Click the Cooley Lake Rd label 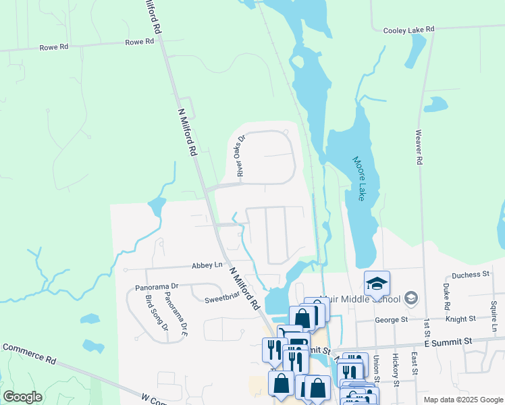[x=408, y=30]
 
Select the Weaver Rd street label [x=419, y=147]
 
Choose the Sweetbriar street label [x=223, y=298]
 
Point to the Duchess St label [x=471, y=275]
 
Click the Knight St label [x=461, y=318]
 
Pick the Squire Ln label [x=494, y=311]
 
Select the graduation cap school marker [x=377, y=283]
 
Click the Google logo [x=22, y=397]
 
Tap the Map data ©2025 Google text [x=462, y=400]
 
